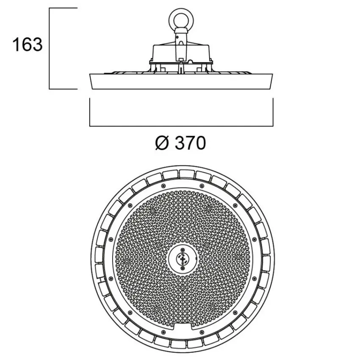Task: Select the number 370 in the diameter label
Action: [x=189, y=143]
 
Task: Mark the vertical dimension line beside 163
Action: [x=50, y=49]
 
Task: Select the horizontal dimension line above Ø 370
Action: [x=181, y=126]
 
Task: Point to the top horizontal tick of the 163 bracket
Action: [x=64, y=8]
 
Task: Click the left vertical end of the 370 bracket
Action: [x=90, y=112]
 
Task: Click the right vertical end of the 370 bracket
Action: [x=273, y=112]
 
